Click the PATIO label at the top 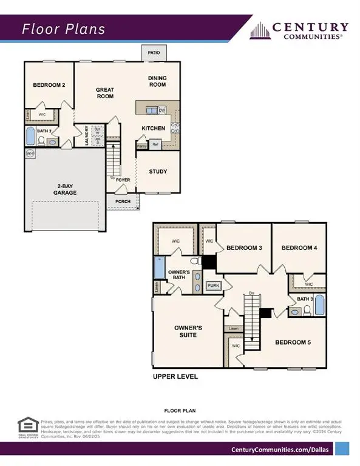[154, 53]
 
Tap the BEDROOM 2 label [49, 86]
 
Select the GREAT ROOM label [105, 93]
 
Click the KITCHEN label [154, 129]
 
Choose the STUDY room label [158, 172]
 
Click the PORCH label [123, 201]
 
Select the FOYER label [124, 180]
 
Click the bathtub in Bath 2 [30, 136]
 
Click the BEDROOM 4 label [299, 248]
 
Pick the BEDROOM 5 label [293, 342]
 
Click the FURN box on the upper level [213, 285]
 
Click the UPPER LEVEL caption [175, 376]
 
